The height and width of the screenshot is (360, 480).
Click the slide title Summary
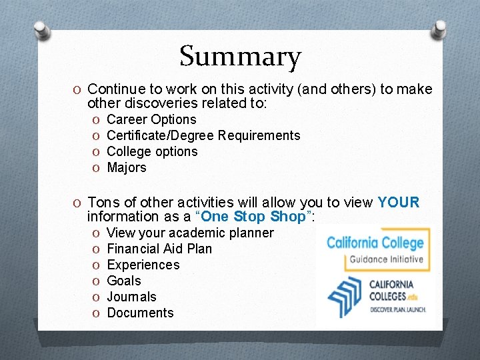(240, 57)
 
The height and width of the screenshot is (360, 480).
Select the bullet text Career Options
(151, 120)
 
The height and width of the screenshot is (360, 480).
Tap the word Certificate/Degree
(160, 136)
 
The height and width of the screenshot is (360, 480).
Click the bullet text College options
(152, 152)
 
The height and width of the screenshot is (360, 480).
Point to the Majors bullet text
(126, 168)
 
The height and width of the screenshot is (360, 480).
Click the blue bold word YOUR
(398, 203)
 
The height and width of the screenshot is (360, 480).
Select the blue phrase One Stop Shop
(252, 217)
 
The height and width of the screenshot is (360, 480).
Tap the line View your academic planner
(190, 233)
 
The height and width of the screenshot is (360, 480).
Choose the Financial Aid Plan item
(159, 249)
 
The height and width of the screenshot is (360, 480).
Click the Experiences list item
(143, 265)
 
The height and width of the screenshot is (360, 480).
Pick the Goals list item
(124, 281)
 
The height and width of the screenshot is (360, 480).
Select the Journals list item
(131, 297)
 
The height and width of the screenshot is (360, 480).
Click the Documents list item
(140, 313)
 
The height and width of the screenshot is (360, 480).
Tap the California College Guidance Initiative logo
(375, 249)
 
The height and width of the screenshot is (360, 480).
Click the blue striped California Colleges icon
(346, 295)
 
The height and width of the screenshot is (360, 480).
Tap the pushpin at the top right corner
(441, 29)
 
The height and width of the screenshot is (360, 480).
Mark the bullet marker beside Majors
(97, 168)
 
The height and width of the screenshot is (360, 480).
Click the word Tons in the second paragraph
(103, 203)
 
